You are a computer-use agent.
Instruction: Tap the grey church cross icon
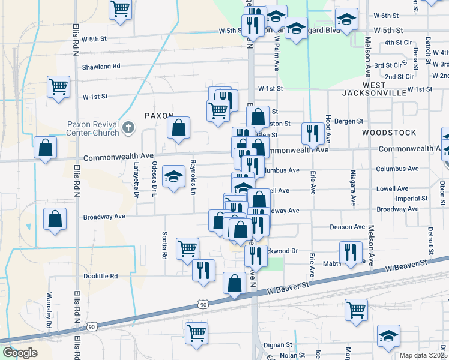coord(128,127)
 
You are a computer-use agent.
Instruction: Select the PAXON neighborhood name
coord(159,115)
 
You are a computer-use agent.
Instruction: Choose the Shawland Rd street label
coord(101,67)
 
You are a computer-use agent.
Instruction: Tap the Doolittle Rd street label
coord(101,276)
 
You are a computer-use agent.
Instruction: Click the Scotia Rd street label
coord(164,245)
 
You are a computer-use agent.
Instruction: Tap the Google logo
coord(20,353)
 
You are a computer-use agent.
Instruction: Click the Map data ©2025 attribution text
coord(424,355)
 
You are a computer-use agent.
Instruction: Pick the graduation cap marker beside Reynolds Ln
coord(174,176)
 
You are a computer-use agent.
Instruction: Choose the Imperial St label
coord(411,198)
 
